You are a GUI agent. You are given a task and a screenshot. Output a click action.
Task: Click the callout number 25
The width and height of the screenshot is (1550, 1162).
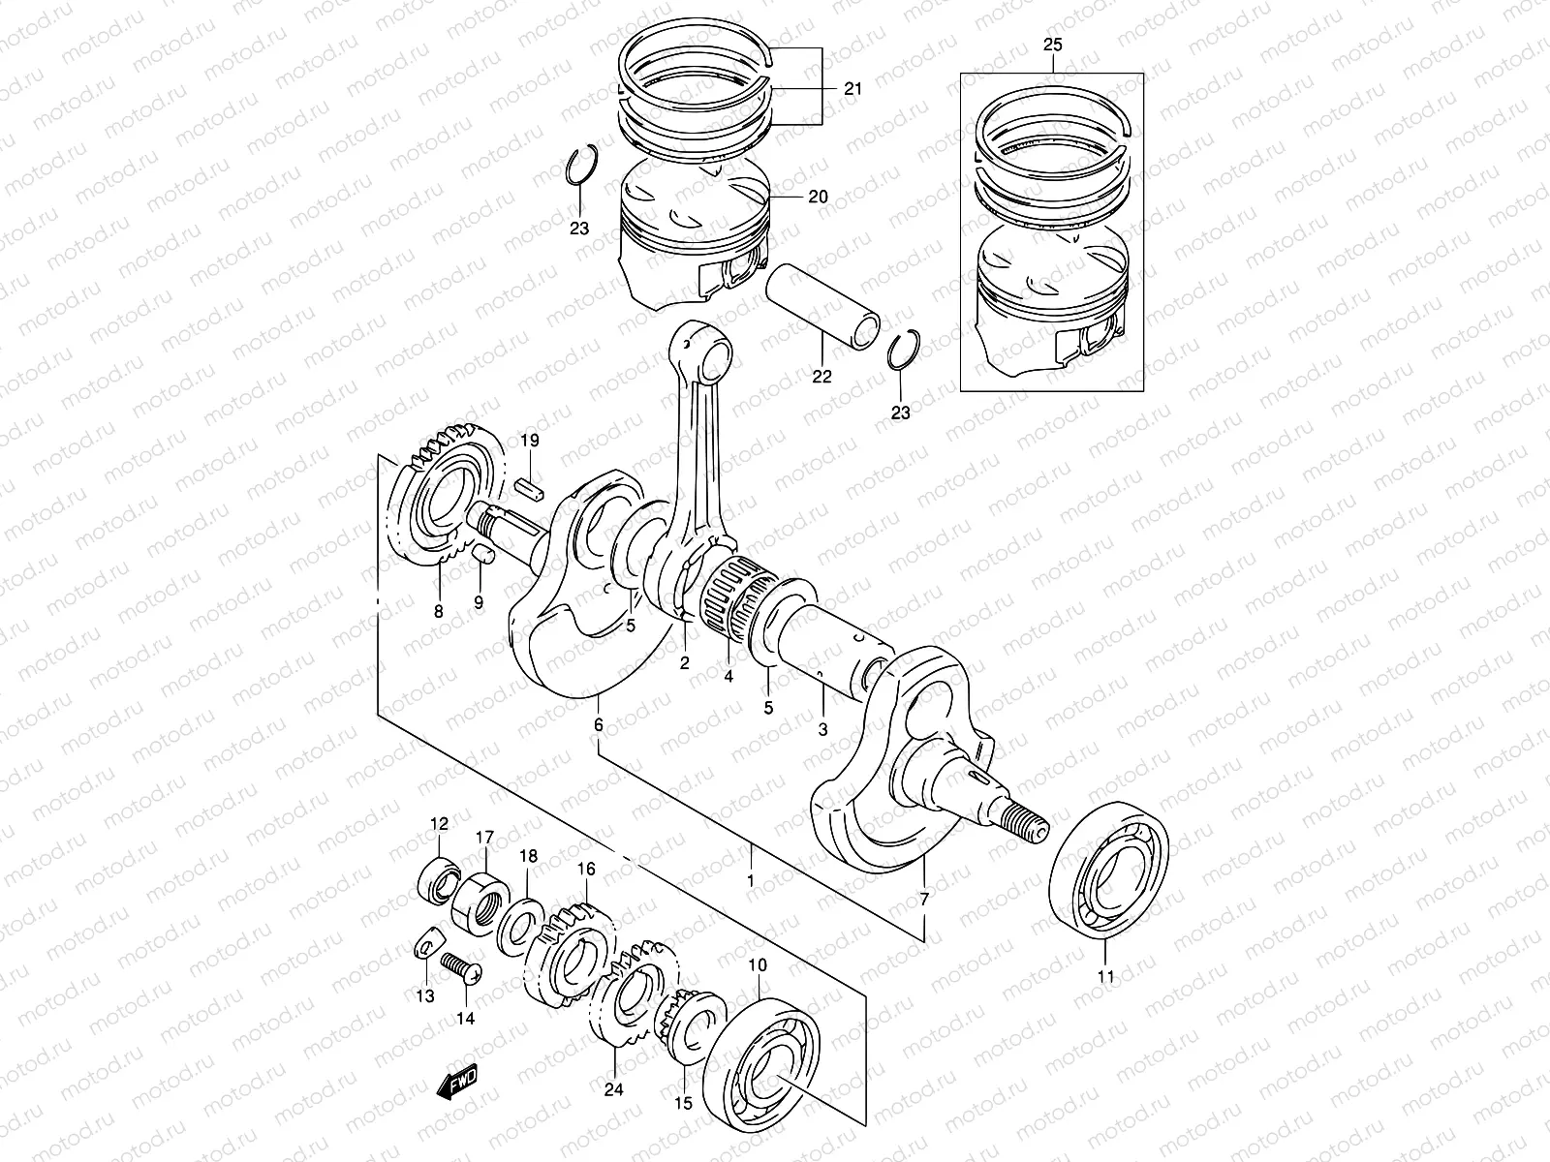1052,45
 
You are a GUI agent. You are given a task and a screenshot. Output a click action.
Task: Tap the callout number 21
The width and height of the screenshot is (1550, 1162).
852,88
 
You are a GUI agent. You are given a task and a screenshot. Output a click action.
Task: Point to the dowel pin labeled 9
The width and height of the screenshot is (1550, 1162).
484,555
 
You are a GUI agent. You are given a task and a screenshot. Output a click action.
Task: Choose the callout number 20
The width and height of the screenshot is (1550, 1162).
818,197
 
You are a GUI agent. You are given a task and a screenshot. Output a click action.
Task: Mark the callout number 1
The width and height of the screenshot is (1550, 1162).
750,881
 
